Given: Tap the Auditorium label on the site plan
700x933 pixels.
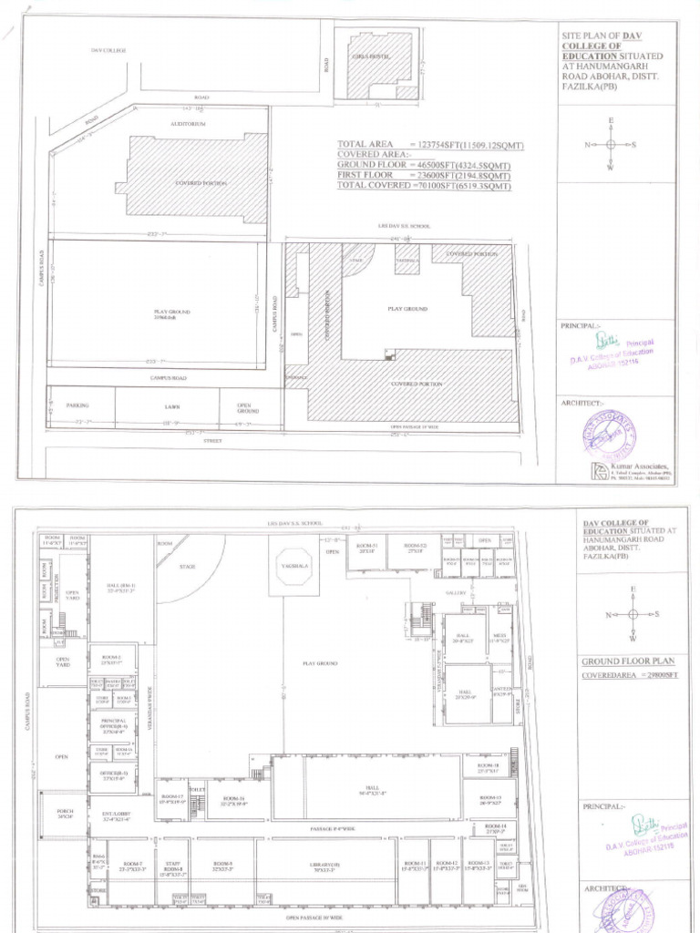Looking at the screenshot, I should [188, 123].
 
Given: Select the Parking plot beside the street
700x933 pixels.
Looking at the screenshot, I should [79, 404].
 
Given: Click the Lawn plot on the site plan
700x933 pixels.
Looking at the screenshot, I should [167, 404].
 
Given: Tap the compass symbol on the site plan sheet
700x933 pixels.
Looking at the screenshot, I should [611, 144].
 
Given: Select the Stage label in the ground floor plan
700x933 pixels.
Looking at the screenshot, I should [187, 567].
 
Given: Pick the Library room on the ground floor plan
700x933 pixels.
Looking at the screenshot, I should [327, 866].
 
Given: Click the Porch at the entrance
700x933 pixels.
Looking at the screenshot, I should [64, 815].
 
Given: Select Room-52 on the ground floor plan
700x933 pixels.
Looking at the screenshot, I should [416, 549].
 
